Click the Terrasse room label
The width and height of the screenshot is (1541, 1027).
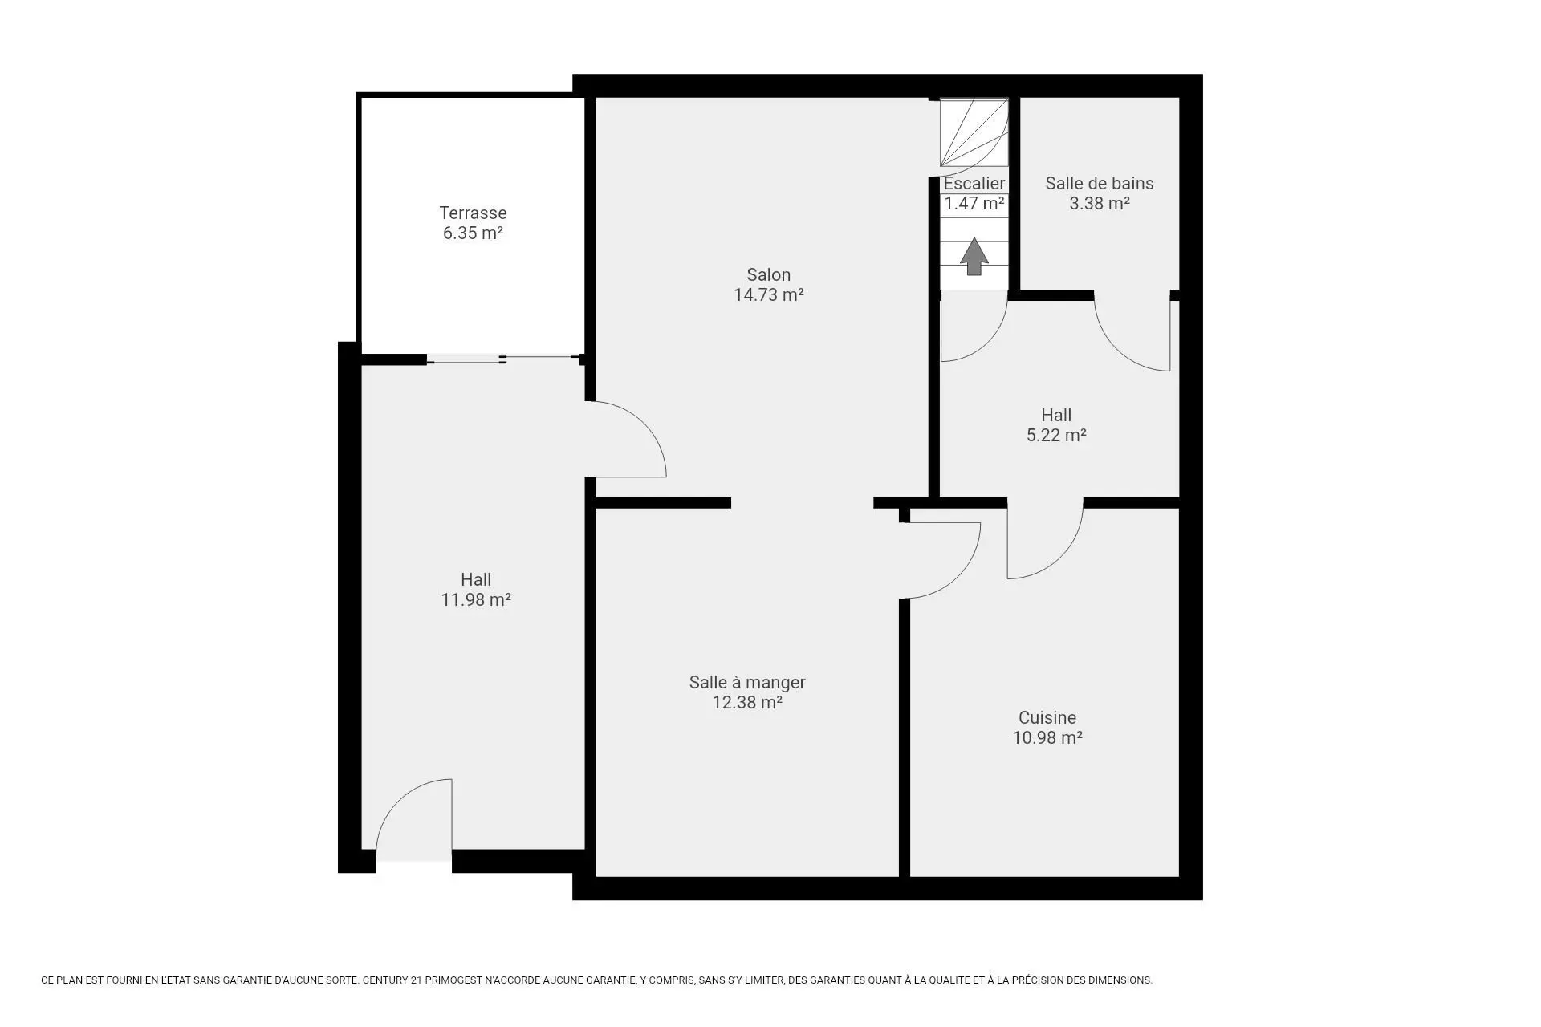pyautogui.click(x=473, y=213)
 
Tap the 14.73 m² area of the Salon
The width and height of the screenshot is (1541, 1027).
pyautogui.click(x=769, y=294)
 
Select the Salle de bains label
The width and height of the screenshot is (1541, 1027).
pyautogui.click(x=1099, y=183)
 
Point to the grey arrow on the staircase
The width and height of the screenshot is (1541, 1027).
pyautogui.click(x=974, y=256)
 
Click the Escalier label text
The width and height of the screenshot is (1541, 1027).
pyautogui.click(x=974, y=183)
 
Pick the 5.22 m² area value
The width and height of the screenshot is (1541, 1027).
pyautogui.click(x=1056, y=435)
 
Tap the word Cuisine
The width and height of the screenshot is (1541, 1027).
pyautogui.click(x=1047, y=717)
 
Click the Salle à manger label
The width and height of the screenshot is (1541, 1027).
pyautogui.click(x=747, y=682)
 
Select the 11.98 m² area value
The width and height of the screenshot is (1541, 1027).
pyautogui.click(x=476, y=599)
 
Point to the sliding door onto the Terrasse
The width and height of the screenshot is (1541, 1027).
pyautogui.click(x=503, y=359)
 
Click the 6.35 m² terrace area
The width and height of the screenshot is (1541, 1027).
pyautogui.click(x=473, y=233)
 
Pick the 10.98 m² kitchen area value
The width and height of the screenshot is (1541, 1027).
pyautogui.click(x=1047, y=737)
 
